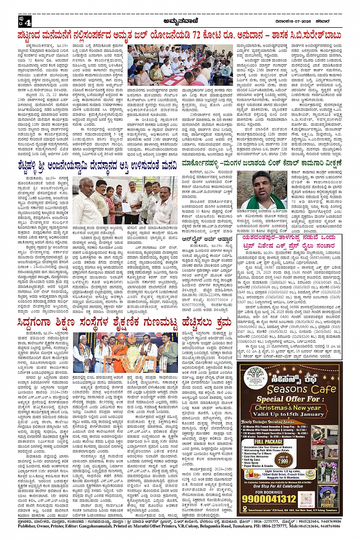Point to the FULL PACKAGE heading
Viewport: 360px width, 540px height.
[x=269, y=442]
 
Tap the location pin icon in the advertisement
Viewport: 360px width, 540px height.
[x=245, y=509]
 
